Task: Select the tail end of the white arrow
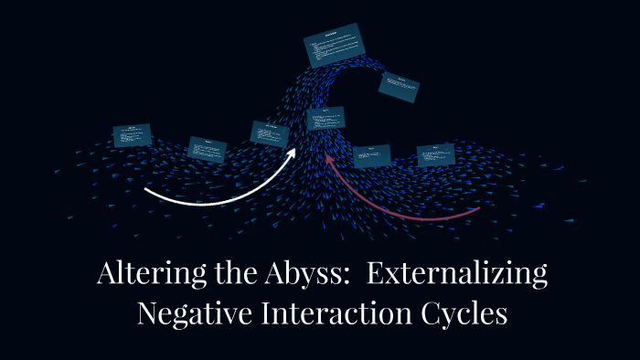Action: (x=146, y=191)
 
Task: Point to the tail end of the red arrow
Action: (x=478, y=209)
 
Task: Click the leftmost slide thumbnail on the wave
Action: (x=132, y=135)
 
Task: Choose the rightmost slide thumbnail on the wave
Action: (x=435, y=154)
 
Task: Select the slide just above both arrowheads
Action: (x=325, y=118)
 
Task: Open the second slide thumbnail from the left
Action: (x=207, y=148)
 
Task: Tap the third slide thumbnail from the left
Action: (x=270, y=133)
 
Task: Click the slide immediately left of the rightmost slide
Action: (x=371, y=155)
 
